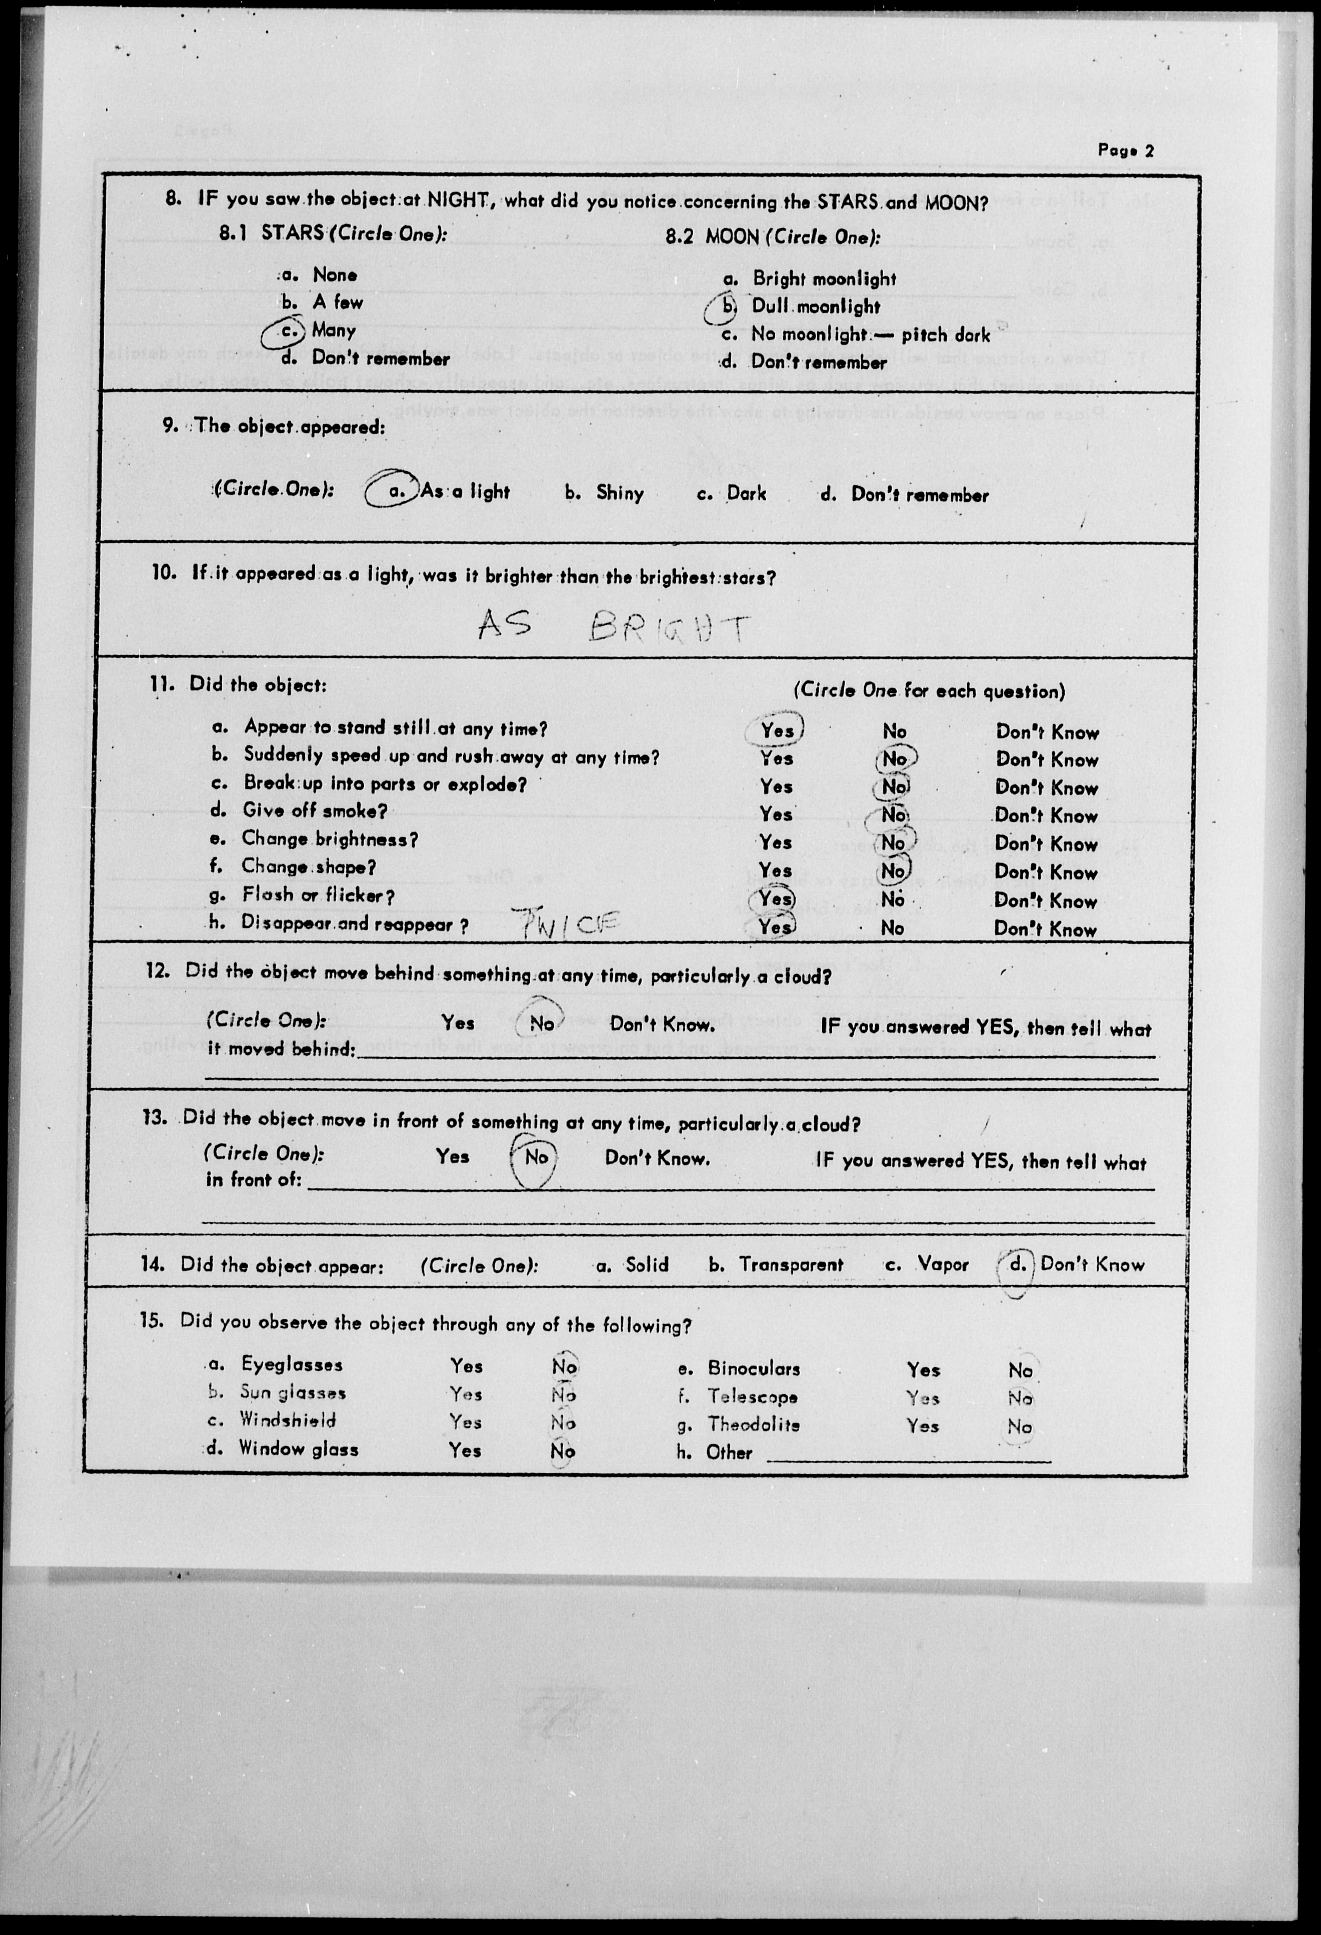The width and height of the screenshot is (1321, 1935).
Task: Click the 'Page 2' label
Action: (1125, 151)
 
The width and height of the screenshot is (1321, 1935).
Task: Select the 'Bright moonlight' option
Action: (824, 279)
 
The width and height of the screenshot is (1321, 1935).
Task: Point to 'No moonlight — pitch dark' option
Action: (870, 335)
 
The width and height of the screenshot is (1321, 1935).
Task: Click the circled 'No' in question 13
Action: (535, 1157)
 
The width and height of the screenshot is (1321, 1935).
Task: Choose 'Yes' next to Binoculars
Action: (923, 1370)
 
